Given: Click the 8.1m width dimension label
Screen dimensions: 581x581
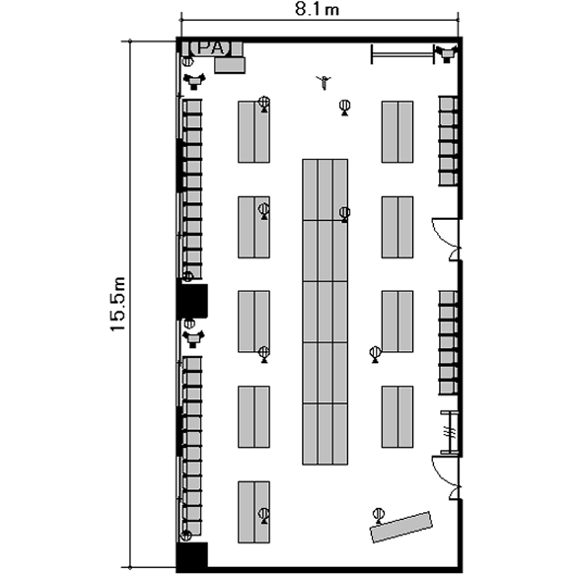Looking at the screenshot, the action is [x=317, y=9].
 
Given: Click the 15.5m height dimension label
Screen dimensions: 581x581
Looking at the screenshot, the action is [x=118, y=304].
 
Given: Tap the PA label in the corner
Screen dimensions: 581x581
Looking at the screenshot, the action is [x=211, y=48].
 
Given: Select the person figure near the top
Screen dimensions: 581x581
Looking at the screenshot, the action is [x=324, y=82].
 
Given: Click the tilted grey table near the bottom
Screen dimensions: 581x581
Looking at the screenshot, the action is [x=401, y=527].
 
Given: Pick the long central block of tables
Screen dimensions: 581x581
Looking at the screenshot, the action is [x=325, y=312].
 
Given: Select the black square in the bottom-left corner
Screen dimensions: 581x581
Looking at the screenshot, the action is [x=191, y=556].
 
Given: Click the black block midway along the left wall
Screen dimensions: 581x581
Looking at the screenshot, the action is [x=191, y=301].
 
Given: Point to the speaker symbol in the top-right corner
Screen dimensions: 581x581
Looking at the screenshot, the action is [x=446, y=53].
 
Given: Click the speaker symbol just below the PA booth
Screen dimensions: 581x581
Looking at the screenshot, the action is [x=194, y=81].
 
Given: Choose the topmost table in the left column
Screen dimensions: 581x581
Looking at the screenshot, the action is [x=254, y=132].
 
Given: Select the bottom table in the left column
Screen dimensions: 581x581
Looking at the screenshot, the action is [x=254, y=513].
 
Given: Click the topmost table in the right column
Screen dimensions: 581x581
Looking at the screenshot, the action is [x=397, y=132].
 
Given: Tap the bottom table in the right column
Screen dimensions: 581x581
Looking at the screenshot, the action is [x=397, y=417].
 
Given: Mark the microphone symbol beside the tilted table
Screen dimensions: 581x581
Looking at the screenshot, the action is [x=378, y=516].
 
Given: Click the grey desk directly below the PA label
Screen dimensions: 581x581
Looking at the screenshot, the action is [x=230, y=65].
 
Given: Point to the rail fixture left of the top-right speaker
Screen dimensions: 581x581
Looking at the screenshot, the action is [x=402, y=54].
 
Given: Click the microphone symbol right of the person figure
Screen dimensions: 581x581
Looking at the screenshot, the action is [x=345, y=108].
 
